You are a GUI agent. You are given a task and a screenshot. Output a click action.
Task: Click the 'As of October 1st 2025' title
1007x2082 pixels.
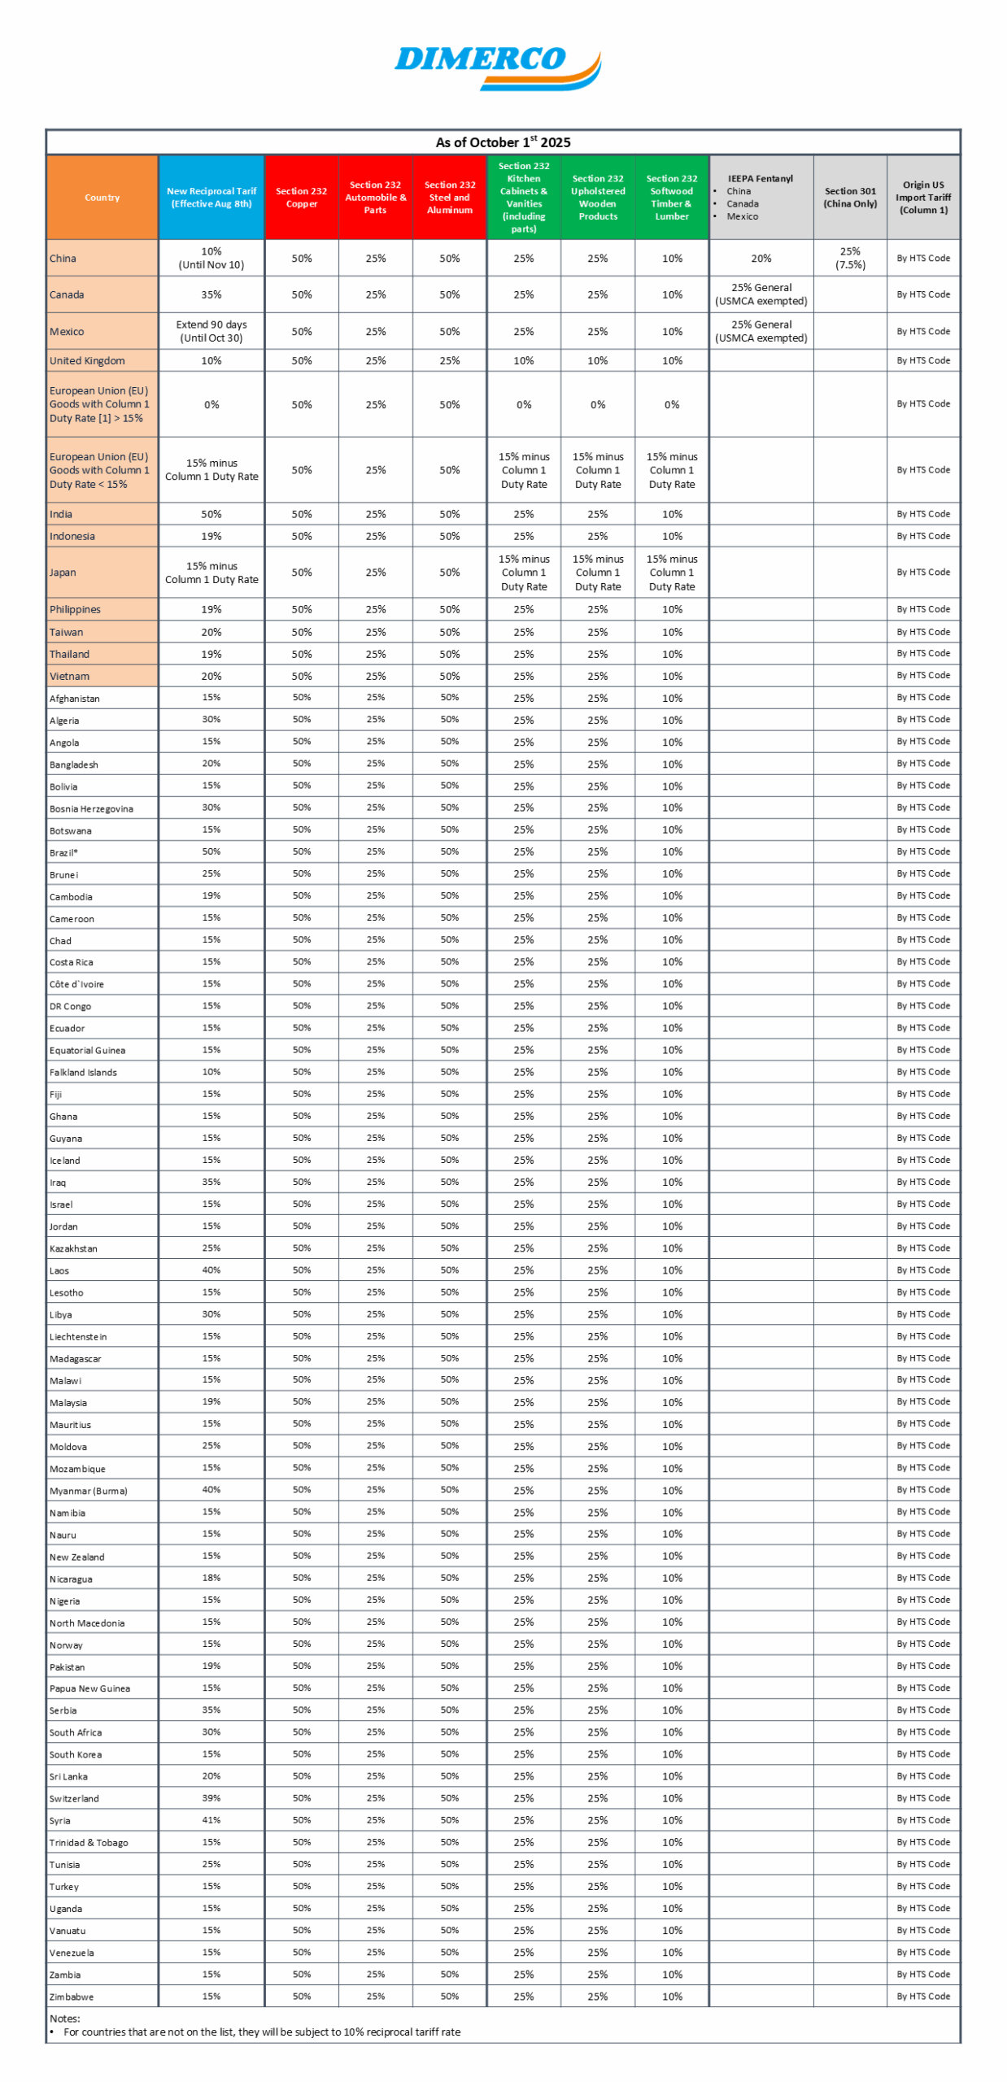point(503,142)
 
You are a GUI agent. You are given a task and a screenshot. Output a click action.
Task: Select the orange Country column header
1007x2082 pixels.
point(102,197)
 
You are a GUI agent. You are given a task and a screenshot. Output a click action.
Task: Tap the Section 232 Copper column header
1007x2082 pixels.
point(301,197)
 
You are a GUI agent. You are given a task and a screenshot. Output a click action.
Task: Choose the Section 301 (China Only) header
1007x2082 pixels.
point(849,197)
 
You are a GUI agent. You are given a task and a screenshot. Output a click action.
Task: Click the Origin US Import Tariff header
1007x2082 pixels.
point(922,197)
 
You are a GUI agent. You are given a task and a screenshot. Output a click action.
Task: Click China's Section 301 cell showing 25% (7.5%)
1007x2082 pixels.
point(849,258)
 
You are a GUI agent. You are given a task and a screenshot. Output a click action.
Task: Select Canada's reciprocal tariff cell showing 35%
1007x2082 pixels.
point(211,294)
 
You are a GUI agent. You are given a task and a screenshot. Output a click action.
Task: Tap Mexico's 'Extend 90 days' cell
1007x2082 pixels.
point(211,331)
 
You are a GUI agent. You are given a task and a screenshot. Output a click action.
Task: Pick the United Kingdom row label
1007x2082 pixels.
point(87,360)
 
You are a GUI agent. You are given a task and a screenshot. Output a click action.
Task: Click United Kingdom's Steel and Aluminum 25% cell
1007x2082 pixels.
point(449,360)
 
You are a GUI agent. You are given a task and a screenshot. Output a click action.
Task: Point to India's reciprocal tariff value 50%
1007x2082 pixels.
point(211,514)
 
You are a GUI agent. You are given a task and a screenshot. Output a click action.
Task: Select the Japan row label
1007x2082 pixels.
point(63,573)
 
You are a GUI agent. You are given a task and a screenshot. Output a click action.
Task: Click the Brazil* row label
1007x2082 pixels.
point(63,852)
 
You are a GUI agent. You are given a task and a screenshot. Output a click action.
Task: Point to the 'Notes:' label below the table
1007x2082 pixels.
point(64,2018)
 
